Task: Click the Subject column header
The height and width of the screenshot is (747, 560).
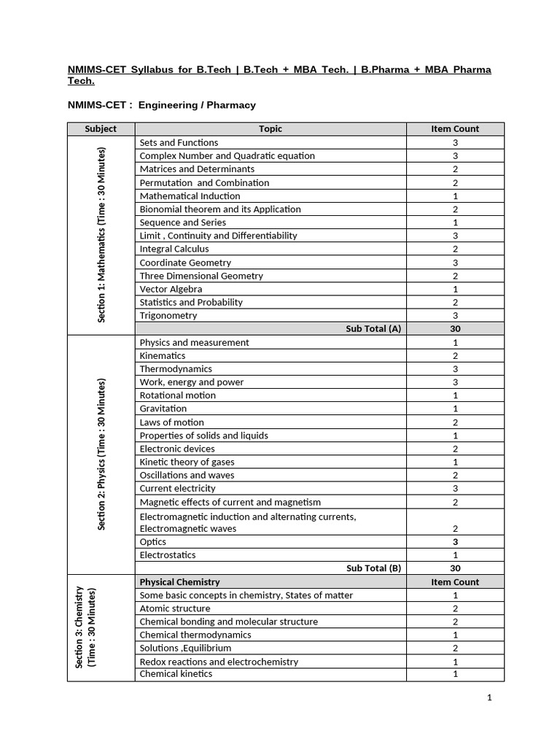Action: tap(101, 129)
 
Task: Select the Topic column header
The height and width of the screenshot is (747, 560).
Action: tap(271, 129)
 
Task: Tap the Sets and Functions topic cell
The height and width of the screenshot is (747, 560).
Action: tap(179, 143)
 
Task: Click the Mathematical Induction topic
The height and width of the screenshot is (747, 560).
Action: tap(190, 196)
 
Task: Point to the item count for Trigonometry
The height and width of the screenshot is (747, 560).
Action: tap(455, 316)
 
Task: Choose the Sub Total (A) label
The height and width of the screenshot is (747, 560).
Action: tap(373, 329)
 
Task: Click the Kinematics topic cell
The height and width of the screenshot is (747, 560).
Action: tap(163, 356)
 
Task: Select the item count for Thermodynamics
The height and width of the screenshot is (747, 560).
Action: tap(455, 369)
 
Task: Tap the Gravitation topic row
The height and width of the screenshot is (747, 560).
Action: tap(163, 409)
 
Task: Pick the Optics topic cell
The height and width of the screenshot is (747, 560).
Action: tap(153, 542)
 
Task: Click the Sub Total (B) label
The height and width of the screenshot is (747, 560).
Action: tap(373, 568)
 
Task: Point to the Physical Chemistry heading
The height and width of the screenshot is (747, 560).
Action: tap(179, 582)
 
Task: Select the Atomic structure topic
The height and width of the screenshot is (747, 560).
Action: tap(175, 608)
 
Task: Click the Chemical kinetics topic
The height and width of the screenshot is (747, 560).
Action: tap(176, 674)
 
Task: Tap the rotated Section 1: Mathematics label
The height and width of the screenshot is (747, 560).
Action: tap(101, 235)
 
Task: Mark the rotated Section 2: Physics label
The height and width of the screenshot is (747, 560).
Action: tap(101, 454)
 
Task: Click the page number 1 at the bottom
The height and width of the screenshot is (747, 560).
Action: tap(490, 698)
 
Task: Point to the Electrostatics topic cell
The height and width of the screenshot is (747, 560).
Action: tap(168, 555)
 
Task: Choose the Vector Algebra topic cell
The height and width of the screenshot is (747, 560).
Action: tap(171, 290)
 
